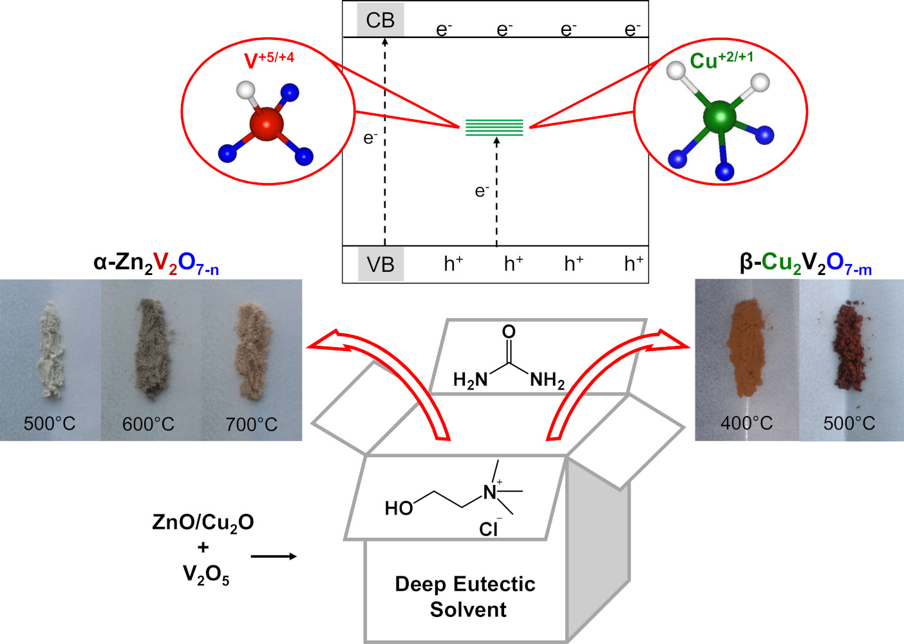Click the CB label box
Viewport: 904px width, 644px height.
380,20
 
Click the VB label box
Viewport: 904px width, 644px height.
381,264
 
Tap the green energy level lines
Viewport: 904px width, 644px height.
494,127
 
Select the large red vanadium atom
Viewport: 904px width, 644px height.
267,124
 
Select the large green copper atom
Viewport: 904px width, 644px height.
720,117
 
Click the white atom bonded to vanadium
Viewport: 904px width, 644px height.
246,90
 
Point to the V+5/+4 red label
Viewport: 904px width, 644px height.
269,60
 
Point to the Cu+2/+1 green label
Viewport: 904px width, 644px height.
721,60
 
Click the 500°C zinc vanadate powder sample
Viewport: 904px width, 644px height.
50,349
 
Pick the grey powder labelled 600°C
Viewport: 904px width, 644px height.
152,347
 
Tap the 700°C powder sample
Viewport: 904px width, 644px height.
254,350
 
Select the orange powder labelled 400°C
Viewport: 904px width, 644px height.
746,347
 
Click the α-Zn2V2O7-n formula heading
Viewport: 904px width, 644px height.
156,263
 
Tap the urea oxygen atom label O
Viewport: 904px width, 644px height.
509,332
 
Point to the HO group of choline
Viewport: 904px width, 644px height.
399,508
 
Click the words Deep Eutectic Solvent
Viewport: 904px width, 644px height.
466,597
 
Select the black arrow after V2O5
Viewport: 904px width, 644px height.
274,556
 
